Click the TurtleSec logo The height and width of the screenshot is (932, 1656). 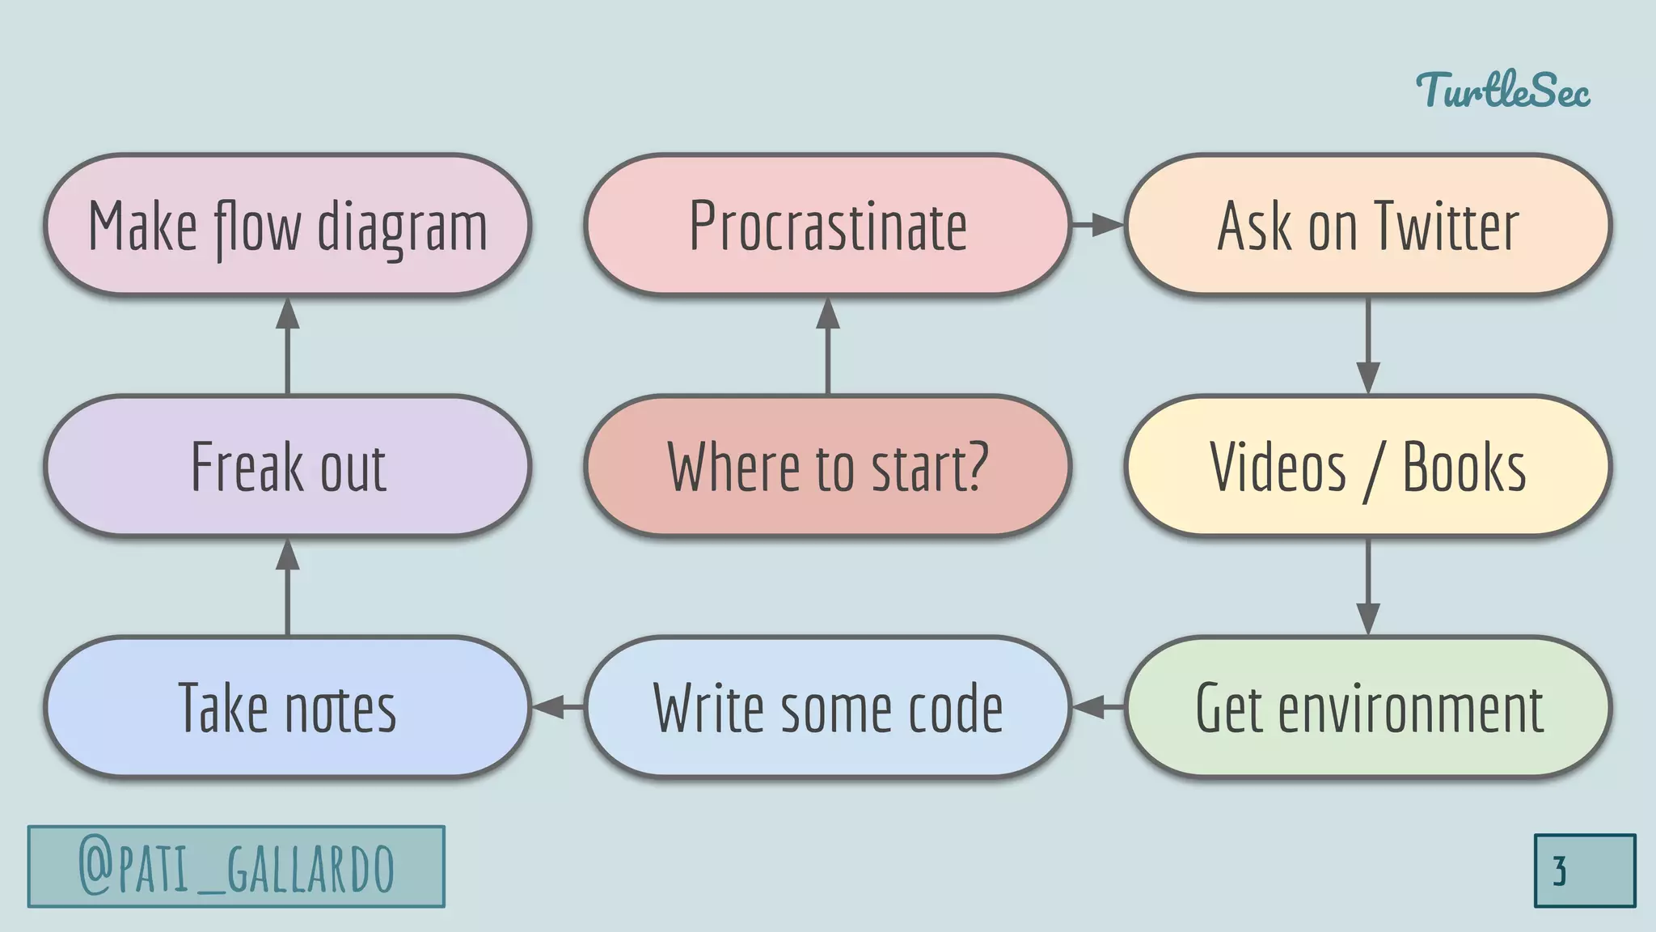tap(1502, 91)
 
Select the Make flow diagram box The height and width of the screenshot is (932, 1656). tap(287, 225)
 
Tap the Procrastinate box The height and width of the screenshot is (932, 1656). tap(827, 225)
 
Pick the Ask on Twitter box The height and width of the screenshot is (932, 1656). tap(1367, 225)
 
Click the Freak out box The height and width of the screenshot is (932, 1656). tap(287, 466)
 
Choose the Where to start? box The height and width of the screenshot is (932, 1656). tap(827, 466)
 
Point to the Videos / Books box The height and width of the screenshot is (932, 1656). tap(1367, 466)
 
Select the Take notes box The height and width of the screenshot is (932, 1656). tap(287, 707)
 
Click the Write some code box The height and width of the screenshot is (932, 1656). tap(827, 707)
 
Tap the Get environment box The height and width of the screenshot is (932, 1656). tap(1367, 707)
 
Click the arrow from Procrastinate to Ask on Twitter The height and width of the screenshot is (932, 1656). tap(1097, 225)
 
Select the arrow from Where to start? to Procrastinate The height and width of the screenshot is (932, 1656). tap(827, 346)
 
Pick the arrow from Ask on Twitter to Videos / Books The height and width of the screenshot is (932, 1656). tap(1367, 345)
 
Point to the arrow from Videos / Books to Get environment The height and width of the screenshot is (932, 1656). tap(1367, 587)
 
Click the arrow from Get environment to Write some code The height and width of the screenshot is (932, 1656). tap(1098, 707)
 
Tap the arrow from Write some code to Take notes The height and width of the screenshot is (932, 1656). tap(558, 707)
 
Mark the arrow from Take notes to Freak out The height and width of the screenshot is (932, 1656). tap(287, 587)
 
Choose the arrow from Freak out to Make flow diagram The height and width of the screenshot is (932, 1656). tap(287, 346)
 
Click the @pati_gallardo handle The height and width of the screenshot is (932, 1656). tap(236, 866)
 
